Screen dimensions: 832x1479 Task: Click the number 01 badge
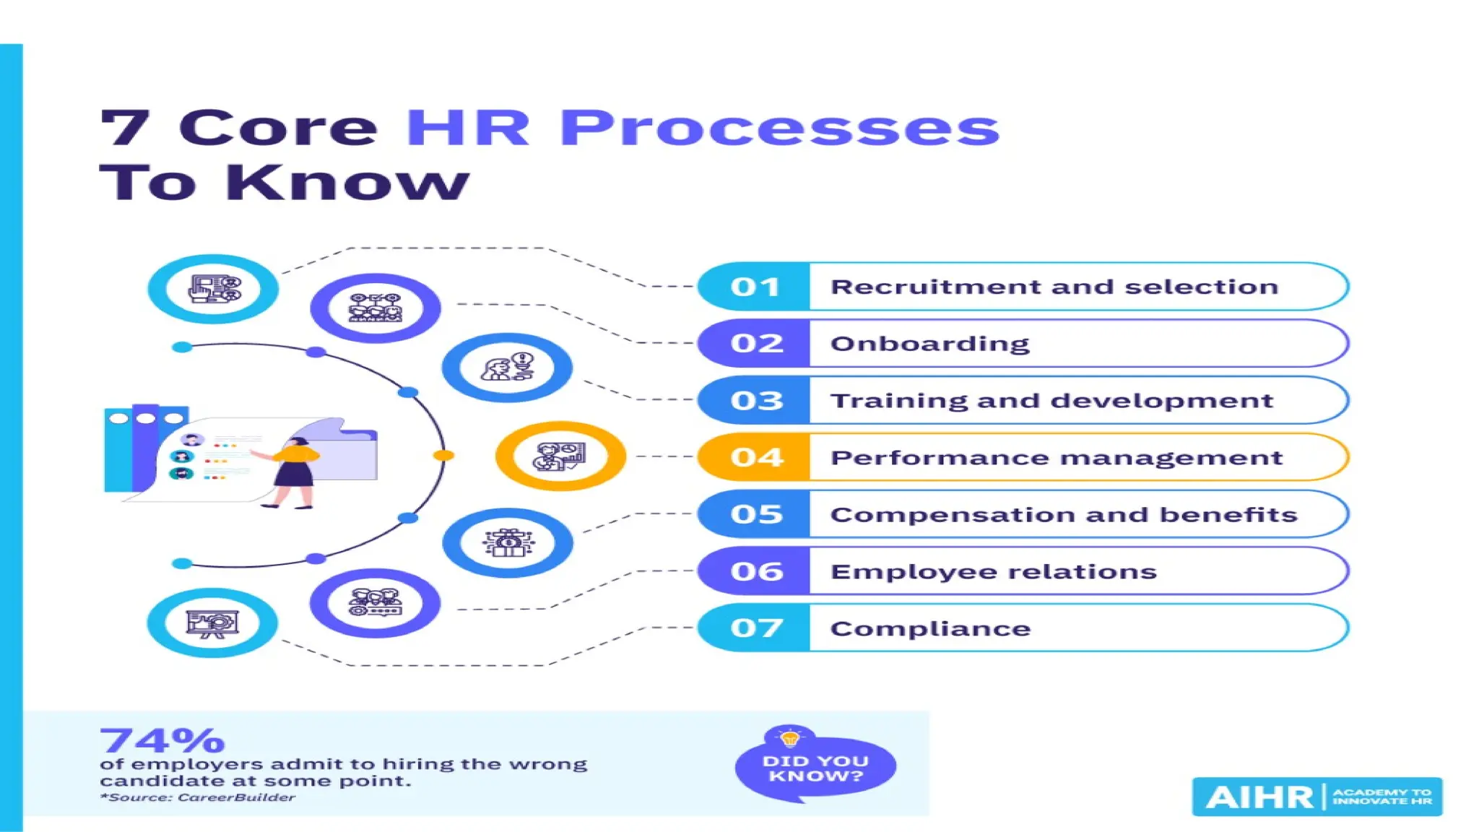[x=755, y=287]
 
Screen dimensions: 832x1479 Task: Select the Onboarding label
[x=929, y=344]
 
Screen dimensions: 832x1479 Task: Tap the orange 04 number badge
[x=755, y=457]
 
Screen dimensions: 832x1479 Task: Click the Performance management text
[x=1056, y=458]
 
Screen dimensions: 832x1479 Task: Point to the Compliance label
[x=930, y=628]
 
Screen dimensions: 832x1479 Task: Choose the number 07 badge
[x=755, y=628]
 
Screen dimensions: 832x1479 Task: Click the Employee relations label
[x=993, y=572]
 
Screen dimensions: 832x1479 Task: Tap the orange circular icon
[x=560, y=456]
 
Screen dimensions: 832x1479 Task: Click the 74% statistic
[x=162, y=740]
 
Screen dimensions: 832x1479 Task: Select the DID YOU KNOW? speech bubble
[x=815, y=768]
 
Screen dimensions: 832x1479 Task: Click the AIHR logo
[x=1317, y=797]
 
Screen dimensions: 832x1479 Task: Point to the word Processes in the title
[x=779, y=129]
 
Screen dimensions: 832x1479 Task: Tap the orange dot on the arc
[x=443, y=455]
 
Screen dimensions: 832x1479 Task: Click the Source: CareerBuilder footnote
[x=198, y=797]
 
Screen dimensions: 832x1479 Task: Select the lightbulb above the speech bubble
[x=789, y=737]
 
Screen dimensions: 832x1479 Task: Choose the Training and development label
[x=1051, y=401]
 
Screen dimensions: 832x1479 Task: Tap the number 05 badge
[x=755, y=514]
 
